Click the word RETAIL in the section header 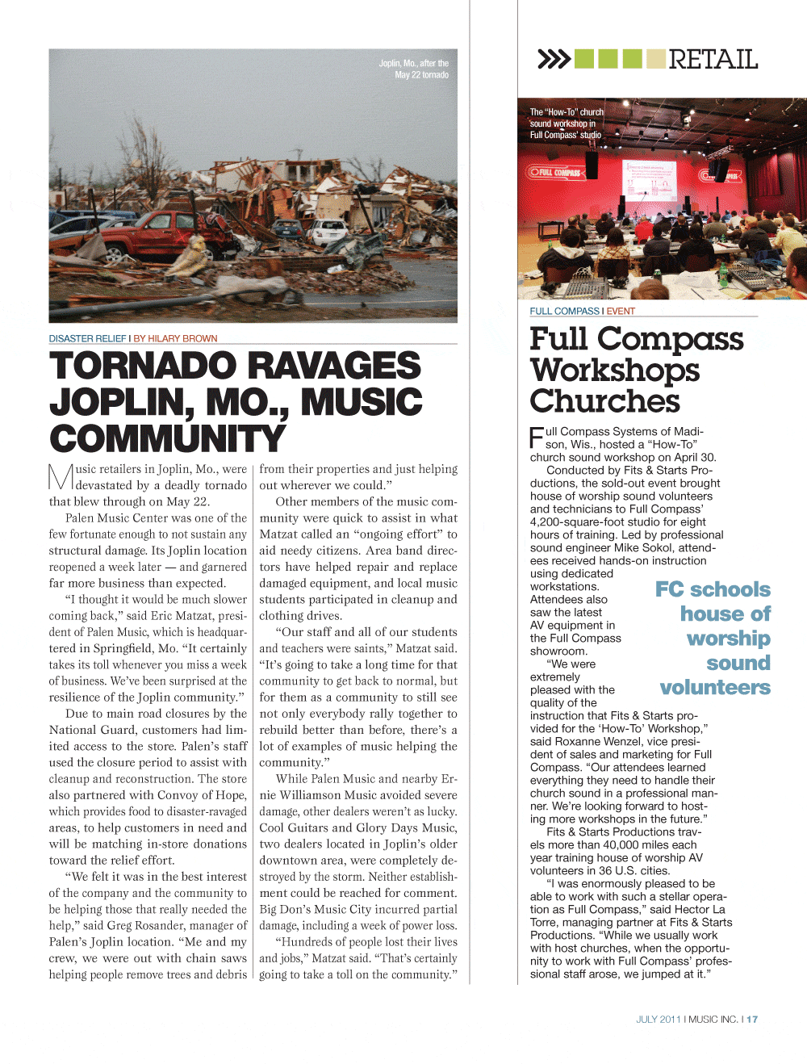click(x=713, y=59)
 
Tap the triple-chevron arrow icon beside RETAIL click(x=554, y=59)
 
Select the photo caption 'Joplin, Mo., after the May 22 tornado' click(x=414, y=69)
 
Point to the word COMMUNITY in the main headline click(x=168, y=439)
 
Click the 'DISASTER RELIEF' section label click(x=87, y=338)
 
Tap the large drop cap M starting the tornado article click(x=61, y=476)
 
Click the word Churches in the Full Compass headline click(x=604, y=401)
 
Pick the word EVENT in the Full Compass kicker click(x=621, y=311)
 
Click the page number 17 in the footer click(x=752, y=1020)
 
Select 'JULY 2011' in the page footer click(x=658, y=1020)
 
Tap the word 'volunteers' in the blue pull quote click(x=715, y=687)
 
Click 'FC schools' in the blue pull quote click(x=713, y=589)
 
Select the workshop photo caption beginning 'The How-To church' click(x=566, y=124)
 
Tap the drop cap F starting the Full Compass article click(x=537, y=438)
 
